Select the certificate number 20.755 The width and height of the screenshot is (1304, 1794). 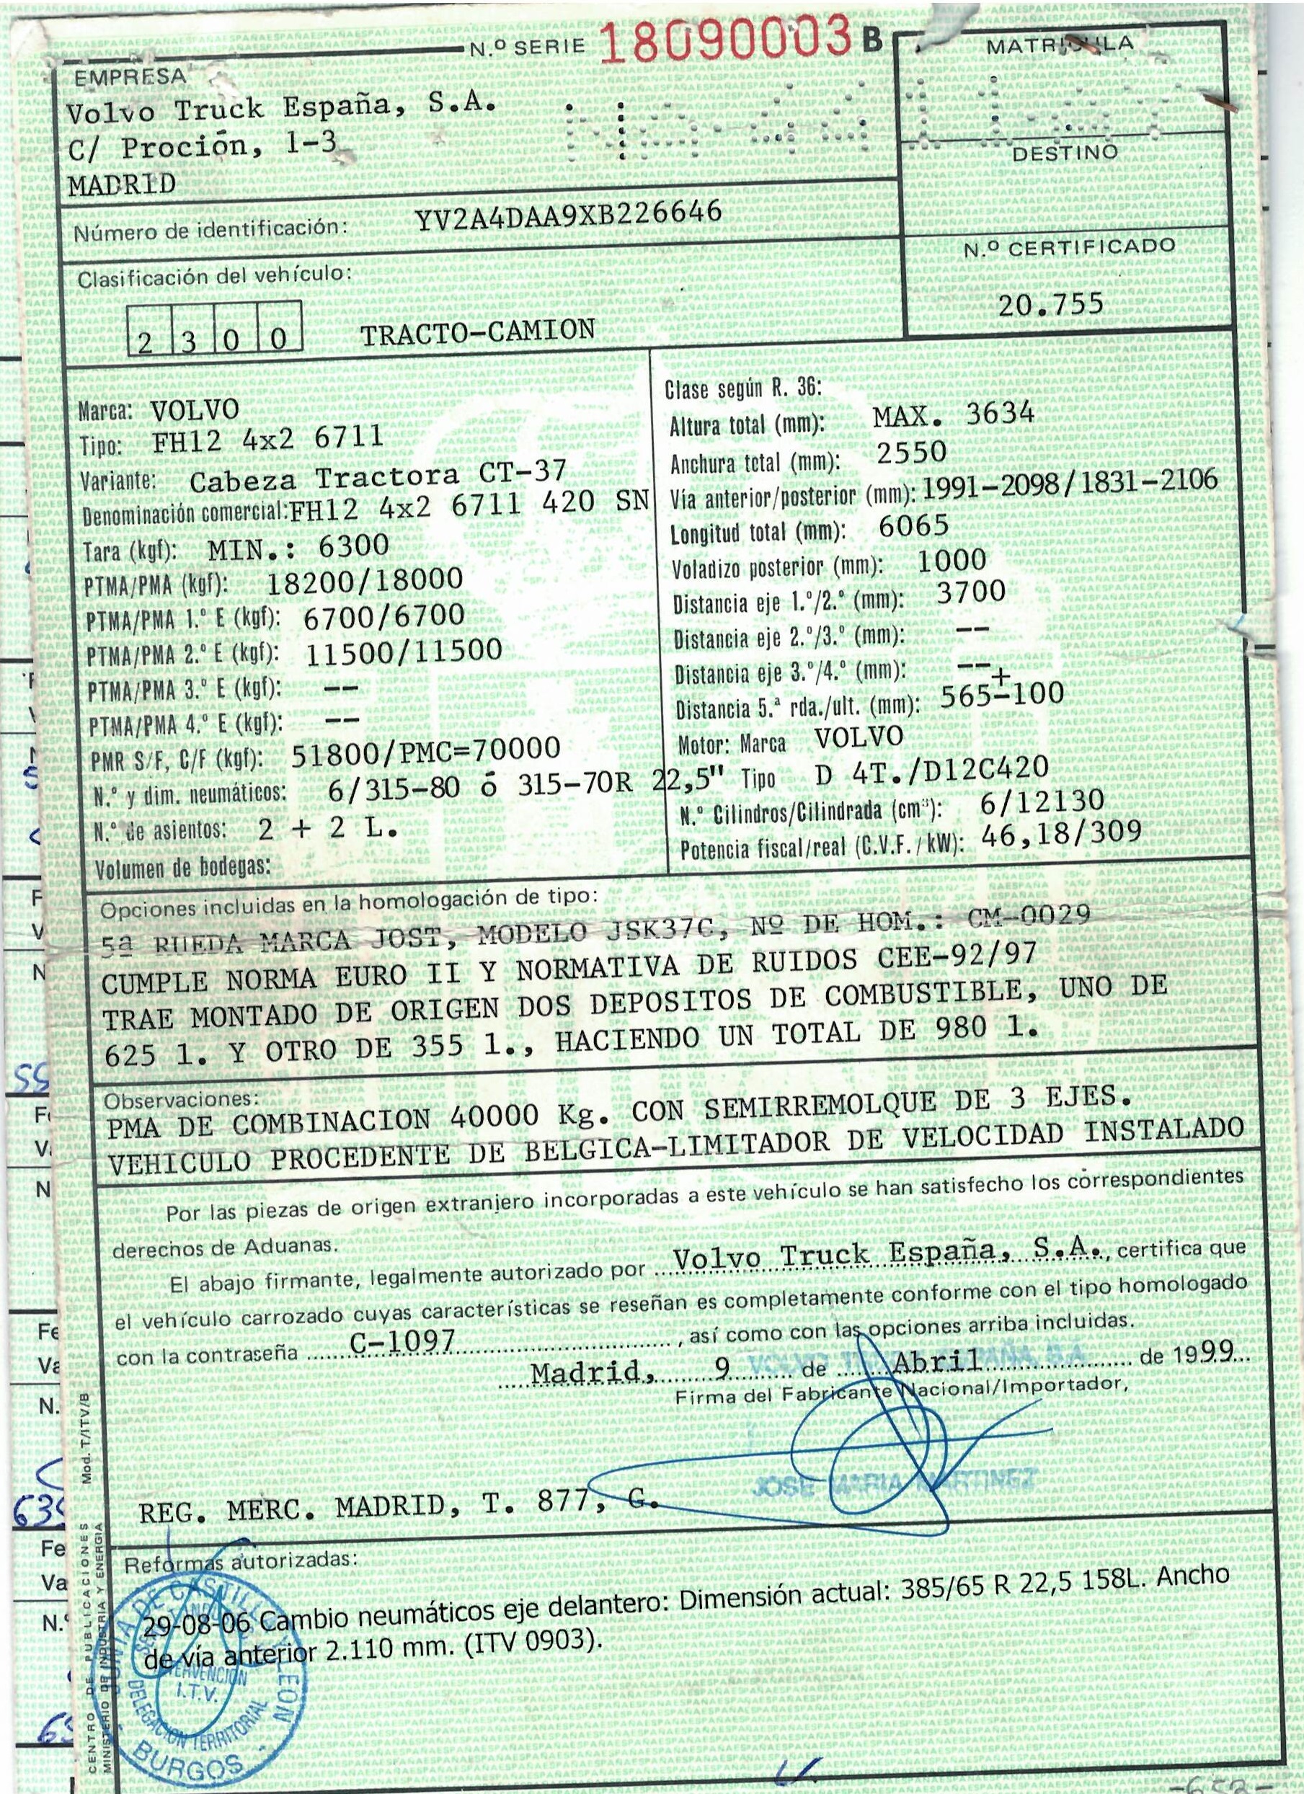coord(1050,305)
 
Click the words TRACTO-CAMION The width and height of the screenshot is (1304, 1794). coord(478,332)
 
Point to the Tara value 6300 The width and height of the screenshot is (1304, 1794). coord(354,546)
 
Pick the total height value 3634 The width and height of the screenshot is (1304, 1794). coord(1000,413)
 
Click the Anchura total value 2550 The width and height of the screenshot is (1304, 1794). coord(912,452)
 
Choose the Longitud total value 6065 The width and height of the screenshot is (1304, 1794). coord(914,525)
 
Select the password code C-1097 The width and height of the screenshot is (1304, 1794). coord(403,1341)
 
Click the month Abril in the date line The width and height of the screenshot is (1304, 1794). coord(938,1361)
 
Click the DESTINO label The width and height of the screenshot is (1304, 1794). coord(1065,153)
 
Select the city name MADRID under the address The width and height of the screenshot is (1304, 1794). coord(122,185)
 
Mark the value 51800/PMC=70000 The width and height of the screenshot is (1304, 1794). coord(427,750)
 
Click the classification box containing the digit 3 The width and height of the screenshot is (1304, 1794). coord(189,340)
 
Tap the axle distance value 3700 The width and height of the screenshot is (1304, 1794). coord(971,592)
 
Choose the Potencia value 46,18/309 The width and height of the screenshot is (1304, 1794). coord(1061,833)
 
